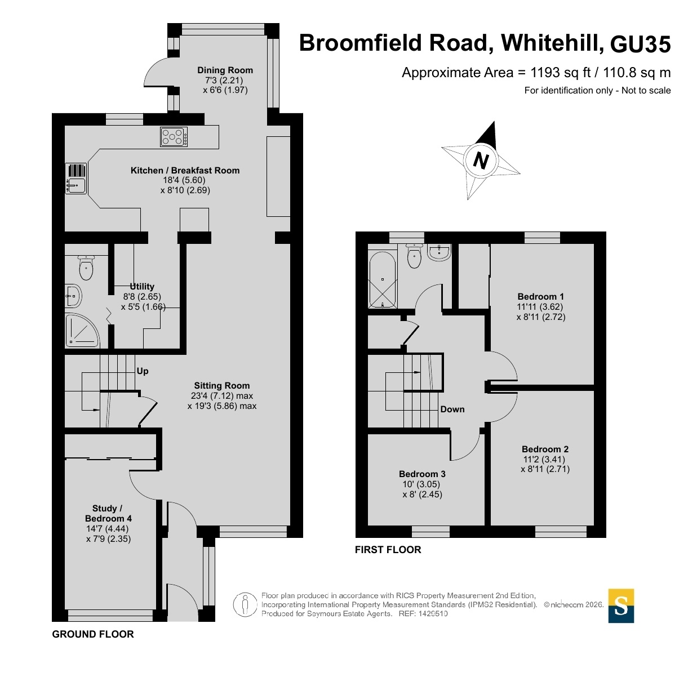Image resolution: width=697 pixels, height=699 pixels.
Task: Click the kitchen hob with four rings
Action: [x=174, y=137]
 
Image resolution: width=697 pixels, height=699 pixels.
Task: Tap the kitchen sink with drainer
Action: [x=76, y=178]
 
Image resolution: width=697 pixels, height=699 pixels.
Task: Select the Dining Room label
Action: [x=225, y=70]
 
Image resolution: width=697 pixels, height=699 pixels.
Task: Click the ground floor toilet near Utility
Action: [x=86, y=268]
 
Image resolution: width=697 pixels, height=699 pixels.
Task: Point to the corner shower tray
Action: [x=82, y=331]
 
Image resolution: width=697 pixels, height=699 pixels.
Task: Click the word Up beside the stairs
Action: [x=143, y=371]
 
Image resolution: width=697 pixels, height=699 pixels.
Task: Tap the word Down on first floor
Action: [x=452, y=409]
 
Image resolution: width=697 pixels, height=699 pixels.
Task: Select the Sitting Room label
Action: [x=222, y=386]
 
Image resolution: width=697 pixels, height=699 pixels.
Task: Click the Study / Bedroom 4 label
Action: [x=108, y=513]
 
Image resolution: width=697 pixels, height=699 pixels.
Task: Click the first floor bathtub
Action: [x=382, y=280]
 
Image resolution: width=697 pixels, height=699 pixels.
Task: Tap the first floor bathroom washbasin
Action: [x=439, y=252]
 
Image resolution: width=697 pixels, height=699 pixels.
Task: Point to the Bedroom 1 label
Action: [x=541, y=297]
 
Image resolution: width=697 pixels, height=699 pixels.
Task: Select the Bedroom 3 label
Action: [x=422, y=474]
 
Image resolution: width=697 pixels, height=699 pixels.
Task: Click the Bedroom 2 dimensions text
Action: [x=545, y=464]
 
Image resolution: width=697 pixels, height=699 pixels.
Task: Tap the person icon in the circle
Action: [x=245, y=605]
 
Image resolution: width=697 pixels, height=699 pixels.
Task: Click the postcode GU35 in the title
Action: [x=640, y=44]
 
